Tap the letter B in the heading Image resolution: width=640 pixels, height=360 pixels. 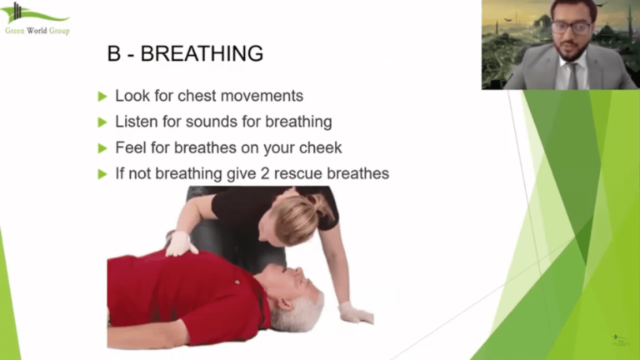pyautogui.click(x=114, y=54)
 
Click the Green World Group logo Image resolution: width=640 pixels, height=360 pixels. pyautogui.click(x=37, y=18)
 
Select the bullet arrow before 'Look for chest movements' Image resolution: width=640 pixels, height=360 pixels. pyautogui.click(x=102, y=96)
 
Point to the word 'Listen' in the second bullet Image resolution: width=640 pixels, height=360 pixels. pyautogui.click(x=136, y=122)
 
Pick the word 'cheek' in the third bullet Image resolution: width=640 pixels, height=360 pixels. pyautogui.click(x=321, y=147)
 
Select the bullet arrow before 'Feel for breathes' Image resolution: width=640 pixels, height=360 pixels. pyautogui.click(x=102, y=148)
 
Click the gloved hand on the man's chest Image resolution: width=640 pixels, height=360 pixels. pyautogui.click(x=180, y=243)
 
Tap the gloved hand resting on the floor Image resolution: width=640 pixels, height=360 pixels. pyautogui.click(x=355, y=312)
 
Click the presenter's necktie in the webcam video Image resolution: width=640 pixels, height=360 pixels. pyautogui.click(x=573, y=75)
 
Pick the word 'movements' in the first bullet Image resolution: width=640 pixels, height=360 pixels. pyautogui.click(x=262, y=96)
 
